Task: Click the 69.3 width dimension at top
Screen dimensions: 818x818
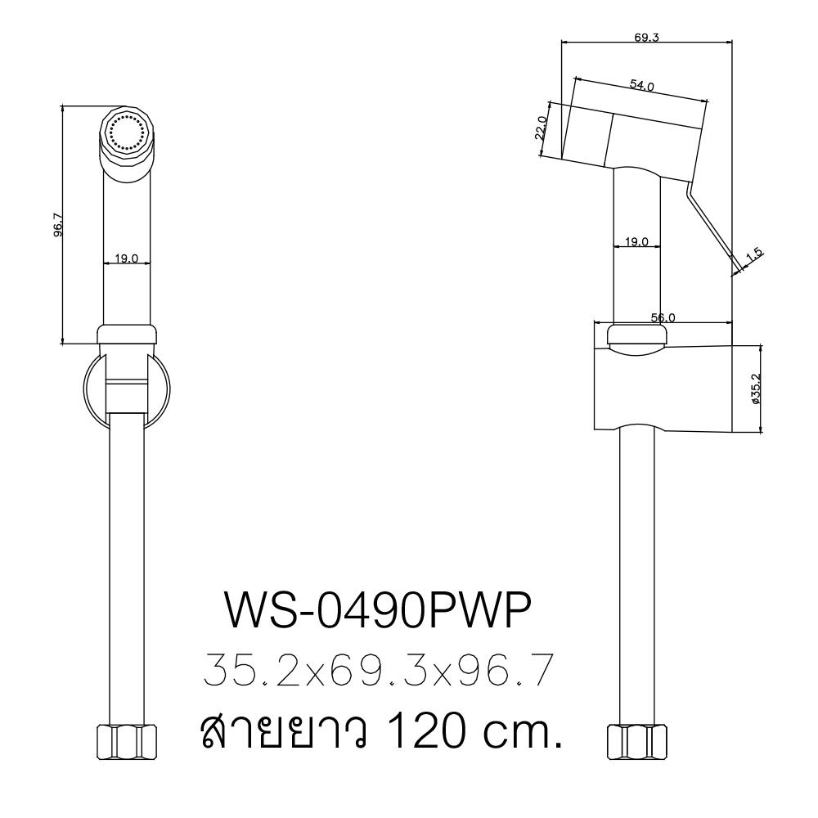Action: coord(645,37)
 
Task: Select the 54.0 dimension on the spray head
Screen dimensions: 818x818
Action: coord(641,86)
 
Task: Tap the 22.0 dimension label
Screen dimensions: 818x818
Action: coord(541,128)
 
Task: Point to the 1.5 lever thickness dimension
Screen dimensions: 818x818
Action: coord(754,254)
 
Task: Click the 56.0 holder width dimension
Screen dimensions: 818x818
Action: coord(662,317)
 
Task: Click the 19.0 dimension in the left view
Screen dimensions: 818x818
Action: coord(127,258)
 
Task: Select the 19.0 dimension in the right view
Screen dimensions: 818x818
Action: coord(636,242)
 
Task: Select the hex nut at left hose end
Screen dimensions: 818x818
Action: coord(127,742)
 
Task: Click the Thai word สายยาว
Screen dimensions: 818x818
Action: coord(270,731)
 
